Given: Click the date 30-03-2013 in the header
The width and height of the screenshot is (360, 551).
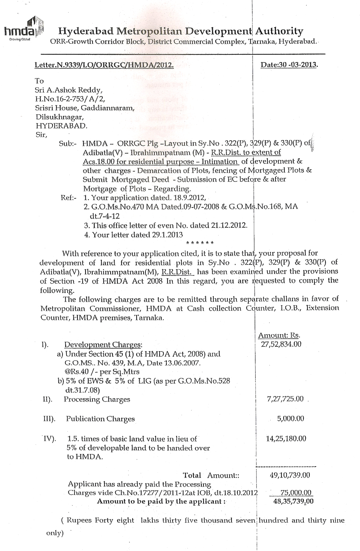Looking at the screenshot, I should click(289, 65).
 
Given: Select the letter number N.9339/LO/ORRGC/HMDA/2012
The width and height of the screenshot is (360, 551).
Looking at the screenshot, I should click(104, 65).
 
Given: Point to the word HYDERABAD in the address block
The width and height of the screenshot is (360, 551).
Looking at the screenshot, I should click(61, 126).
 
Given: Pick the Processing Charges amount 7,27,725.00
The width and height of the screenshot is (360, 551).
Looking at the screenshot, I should click(285, 399).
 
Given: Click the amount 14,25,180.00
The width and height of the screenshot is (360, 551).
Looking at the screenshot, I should click(286, 438).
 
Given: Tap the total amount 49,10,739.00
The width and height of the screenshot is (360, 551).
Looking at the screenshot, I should click(289, 475).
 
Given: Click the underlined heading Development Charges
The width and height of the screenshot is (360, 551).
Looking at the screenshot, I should click(103, 345).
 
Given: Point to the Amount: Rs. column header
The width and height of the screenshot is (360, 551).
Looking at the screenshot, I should click(279, 335).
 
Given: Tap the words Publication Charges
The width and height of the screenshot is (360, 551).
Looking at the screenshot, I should click(100, 419).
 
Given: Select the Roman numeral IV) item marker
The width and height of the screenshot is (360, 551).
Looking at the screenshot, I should click(49, 438).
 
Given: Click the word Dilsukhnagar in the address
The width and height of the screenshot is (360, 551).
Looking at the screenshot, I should click(60, 117).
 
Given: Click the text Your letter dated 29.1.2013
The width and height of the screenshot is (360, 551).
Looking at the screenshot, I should click(134, 234).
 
